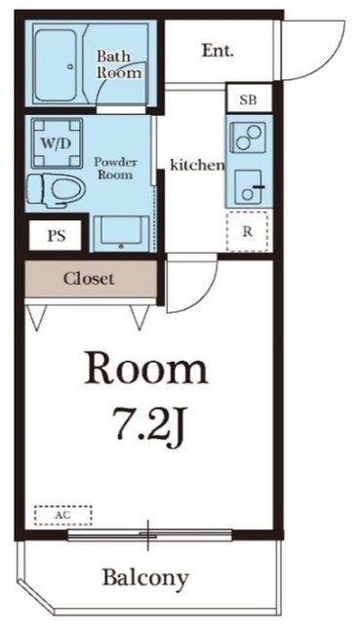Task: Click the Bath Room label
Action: [119, 64]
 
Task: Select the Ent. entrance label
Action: [218, 51]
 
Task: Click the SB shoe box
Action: [249, 99]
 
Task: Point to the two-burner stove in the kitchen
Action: [249, 136]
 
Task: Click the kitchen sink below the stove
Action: [249, 186]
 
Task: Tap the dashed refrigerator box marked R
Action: [247, 232]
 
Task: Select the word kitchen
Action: [197, 165]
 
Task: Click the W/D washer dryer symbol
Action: [57, 143]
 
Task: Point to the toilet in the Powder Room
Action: [56, 191]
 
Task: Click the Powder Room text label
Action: [115, 169]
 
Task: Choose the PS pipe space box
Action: [57, 236]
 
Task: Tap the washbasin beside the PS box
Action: [121, 234]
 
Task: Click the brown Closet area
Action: [91, 279]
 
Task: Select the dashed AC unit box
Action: [62, 515]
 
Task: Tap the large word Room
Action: [146, 369]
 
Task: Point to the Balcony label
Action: [145, 577]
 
